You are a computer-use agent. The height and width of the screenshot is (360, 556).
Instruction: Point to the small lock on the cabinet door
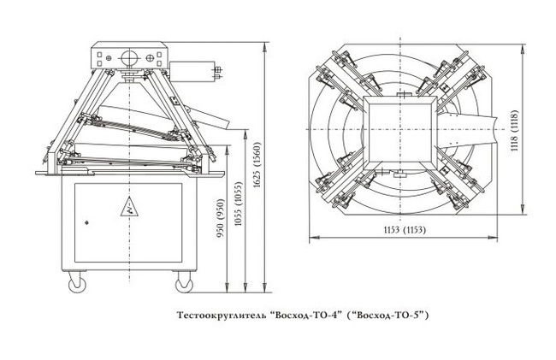pyautogui.click(x=86, y=221)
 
